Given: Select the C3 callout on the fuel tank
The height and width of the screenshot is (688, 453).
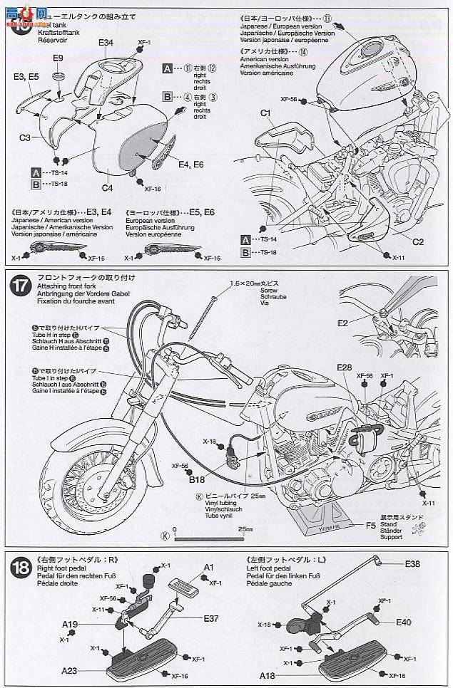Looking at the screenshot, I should pos(24,137).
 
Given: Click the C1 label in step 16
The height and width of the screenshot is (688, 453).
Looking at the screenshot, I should pos(265,113).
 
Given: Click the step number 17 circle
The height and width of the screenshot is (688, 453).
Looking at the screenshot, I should pos(19,286).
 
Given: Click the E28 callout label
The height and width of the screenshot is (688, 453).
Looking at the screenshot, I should pos(345,368).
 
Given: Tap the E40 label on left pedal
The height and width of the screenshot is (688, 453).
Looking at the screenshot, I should pos(404,622).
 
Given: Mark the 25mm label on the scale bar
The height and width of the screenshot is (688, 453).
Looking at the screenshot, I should pos(246,529).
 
